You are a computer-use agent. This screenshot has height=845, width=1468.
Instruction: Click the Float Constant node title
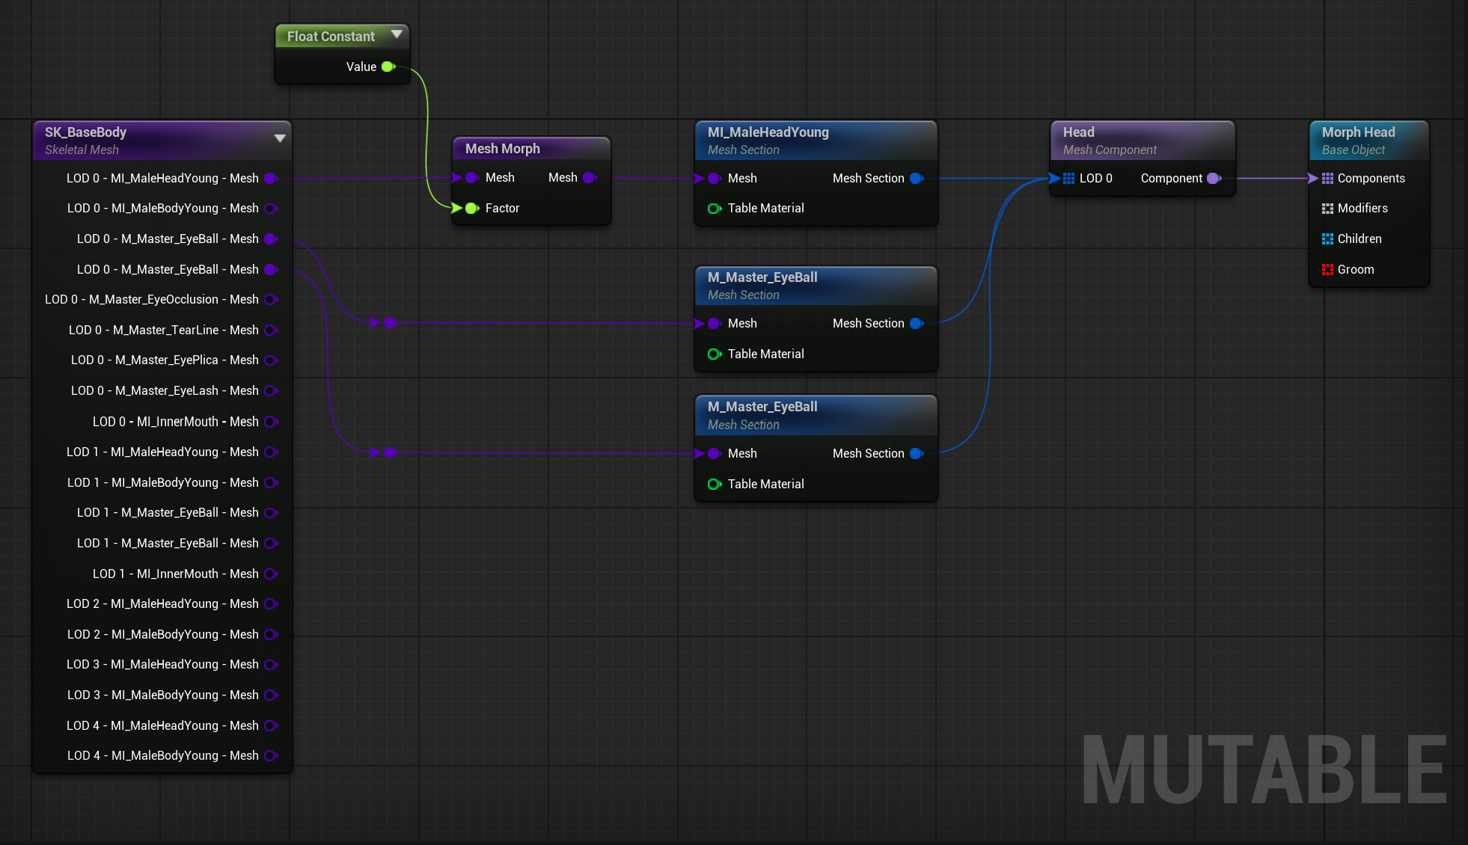point(331,37)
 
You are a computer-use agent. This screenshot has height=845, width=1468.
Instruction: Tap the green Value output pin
point(388,67)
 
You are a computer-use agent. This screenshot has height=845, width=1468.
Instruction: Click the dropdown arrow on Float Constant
point(397,34)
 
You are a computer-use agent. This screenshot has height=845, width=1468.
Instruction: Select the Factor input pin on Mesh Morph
point(471,208)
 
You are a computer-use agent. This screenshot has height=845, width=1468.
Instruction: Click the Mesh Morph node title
point(502,149)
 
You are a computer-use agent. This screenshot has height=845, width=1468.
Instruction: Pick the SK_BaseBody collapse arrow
point(280,138)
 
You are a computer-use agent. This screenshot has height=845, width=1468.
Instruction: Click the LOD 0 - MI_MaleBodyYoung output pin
point(271,209)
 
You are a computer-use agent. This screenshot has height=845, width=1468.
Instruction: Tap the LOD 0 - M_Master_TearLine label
point(164,330)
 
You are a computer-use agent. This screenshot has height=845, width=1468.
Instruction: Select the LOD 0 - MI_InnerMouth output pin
point(271,422)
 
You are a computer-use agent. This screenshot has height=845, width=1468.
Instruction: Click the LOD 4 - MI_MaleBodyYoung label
point(163,755)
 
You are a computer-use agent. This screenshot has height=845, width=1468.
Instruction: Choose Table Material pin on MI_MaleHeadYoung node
point(715,209)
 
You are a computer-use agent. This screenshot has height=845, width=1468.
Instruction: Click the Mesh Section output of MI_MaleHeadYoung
point(917,178)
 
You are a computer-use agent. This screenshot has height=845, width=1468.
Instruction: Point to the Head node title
point(1078,132)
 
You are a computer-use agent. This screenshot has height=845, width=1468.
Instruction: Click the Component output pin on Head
point(1214,178)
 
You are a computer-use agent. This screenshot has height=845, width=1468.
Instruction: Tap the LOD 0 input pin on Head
point(1068,178)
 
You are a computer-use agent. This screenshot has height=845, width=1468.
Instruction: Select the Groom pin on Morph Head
point(1327,269)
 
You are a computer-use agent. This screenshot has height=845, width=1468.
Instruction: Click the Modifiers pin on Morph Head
point(1327,209)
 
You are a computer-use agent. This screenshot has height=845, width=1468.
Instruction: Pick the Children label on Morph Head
point(1360,239)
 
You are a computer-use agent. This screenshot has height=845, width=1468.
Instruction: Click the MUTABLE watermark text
point(1264,769)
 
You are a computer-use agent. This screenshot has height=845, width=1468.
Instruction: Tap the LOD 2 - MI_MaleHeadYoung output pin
point(271,603)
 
